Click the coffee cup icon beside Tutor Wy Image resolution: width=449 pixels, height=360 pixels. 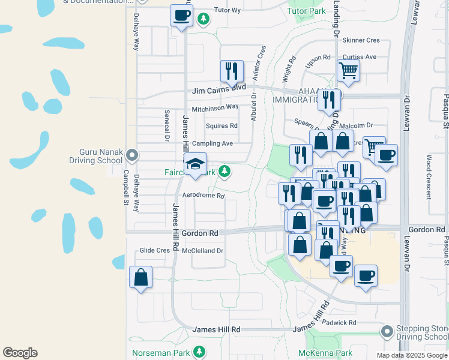click(181, 16)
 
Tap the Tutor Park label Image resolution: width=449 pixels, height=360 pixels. click(307, 11)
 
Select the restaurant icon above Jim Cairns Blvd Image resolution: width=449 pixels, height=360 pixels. click(231, 71)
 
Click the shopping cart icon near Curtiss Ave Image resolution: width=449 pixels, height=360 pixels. click(348, 71)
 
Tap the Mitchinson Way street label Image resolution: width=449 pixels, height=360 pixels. click(215, 108)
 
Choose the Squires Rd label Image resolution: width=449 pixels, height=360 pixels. click(221, 126)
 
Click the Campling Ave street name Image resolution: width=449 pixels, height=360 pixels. click(212, 144)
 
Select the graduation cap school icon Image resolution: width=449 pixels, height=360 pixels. click(195, 164)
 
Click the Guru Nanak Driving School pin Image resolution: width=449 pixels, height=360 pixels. click(132, 156)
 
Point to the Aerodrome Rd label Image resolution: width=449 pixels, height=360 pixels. click(203, 196)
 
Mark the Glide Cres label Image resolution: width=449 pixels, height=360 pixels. click(155, 250)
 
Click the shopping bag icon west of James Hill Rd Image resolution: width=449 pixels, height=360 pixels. click(140, 277)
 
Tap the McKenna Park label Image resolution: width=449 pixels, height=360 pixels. click(328, 353)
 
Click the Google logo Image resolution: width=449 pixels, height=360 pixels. click(20, 353)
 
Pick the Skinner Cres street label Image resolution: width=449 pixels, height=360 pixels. click(361, 40)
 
